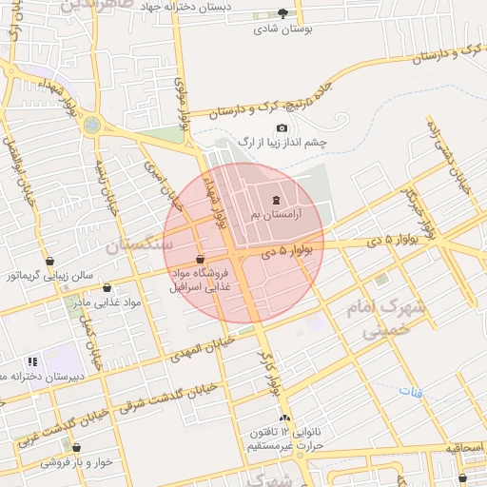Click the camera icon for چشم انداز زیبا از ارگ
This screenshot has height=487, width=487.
point(282,128)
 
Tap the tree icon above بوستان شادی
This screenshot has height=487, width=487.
point(282,13)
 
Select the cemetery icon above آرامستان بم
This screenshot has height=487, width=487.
point(276,200)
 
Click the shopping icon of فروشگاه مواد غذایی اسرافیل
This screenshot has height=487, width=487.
point(199,259)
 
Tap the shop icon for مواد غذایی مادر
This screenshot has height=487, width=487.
point(106,286)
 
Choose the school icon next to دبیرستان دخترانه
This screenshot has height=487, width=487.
point(32,361)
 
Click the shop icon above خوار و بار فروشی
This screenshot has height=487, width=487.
point(77,447)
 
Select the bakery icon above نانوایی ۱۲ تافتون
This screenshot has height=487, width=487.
point(282,418)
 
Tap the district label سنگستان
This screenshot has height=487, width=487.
point(140,244)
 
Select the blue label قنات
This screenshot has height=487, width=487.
point(411,391)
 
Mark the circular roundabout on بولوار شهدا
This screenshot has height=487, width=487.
point(91,125)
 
